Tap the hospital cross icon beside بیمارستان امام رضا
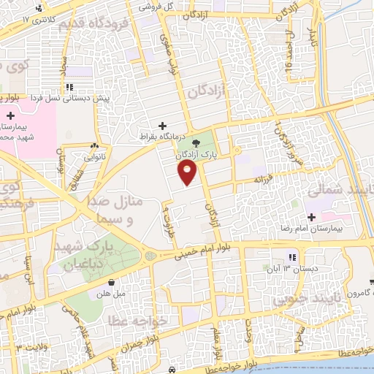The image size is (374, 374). pyautogui.click(x=312, y=216)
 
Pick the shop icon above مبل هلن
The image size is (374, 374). pyautogui.click(x=111, y=283)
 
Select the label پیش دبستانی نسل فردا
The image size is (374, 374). pyautogui.click(x=73, y=97)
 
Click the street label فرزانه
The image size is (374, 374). pyautogui.click(x=267, y=180)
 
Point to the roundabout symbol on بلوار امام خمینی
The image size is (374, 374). pyautogui.click(x=150, y=256)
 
